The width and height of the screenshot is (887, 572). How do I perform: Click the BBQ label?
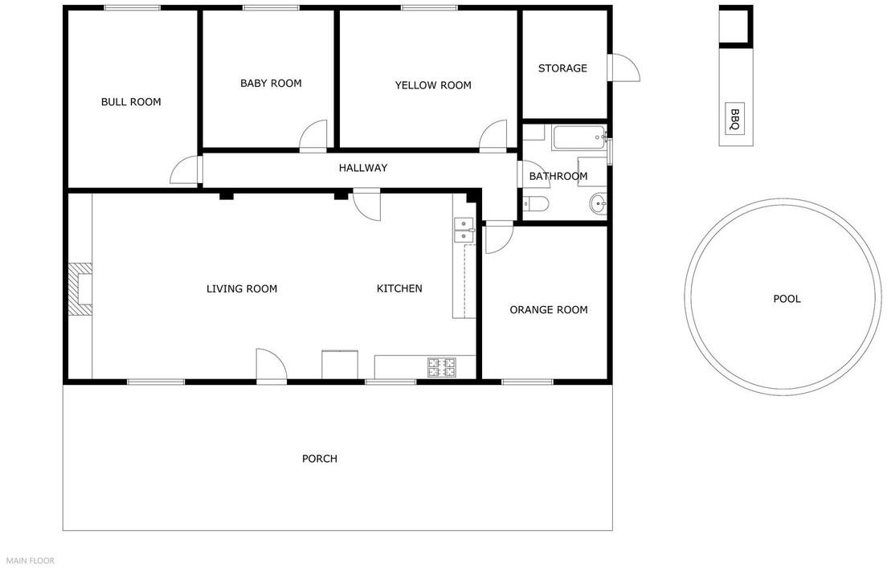pyautogui.click(x=734, y=120)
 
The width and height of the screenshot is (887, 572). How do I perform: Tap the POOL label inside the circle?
pyautogui.click(x=787, y=299)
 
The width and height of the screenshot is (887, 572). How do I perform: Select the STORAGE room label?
pyautogui.click(x=562, y=68)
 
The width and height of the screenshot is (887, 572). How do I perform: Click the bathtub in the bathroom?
pyautogui.click(x=579, y=137)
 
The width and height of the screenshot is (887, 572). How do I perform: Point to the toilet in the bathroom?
pyautogui.click(x=534, y=203)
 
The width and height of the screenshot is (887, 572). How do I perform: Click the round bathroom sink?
pyautogui.click(x=598, y=203)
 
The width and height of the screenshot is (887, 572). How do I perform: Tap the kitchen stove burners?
pyautogui.click(x=442, y=368)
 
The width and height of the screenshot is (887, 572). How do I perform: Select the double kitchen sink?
pyautogui.click(x=464, y=230)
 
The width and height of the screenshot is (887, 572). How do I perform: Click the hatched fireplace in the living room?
pyautogui.click(x=80, y=289)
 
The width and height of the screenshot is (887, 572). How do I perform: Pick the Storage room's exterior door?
pyautogui.click(x=624, y=68)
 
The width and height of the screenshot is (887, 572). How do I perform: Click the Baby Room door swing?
pyautogui.click(x=313, y=136)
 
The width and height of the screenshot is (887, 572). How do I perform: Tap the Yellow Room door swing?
pyautogui.click(x=493, y=136)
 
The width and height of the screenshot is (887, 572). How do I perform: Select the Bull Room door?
pyautogui.click(x=186, y=170)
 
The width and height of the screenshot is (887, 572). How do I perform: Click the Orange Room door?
pyautogui.click(x=499, y=238)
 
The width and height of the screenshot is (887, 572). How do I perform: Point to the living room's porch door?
pyautogui.click(x=272, y=366)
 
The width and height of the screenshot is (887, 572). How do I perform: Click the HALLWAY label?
pyautogui.click(x=363, y=168)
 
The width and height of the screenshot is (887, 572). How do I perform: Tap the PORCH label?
pyautogui.click(x=320, y=459)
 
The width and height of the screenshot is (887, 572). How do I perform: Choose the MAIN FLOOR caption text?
pyautogui.click(x=31, y=561)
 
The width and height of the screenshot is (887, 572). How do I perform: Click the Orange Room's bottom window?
pyautogui.click(x=528, y=382)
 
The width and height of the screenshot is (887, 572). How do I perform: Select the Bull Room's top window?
pyautogui.click(x=132, y=7)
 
